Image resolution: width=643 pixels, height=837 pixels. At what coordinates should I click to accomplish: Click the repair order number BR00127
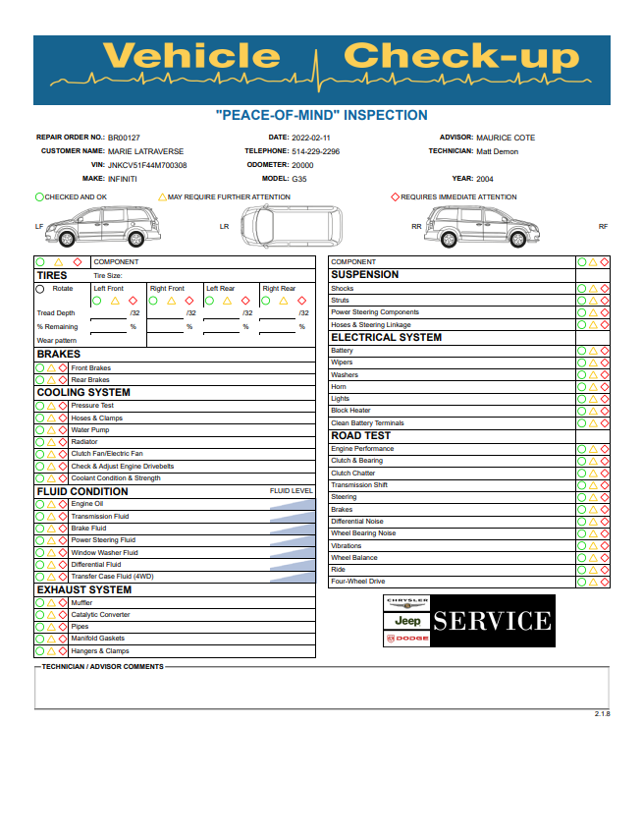[124, 138]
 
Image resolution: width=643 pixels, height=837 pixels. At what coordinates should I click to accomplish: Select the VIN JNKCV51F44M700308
[147, 165]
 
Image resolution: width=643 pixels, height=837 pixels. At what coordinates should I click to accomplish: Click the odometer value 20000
[302, 165]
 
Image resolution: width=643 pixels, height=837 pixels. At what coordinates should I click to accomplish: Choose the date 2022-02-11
[312, 138]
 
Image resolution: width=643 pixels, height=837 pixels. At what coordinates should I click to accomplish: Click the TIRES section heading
[52, 276]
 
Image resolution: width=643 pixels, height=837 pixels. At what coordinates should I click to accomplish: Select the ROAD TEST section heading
[360, 435]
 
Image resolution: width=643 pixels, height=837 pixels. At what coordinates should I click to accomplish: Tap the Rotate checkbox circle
[40, 289]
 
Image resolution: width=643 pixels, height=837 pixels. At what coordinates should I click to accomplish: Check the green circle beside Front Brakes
[40, 367]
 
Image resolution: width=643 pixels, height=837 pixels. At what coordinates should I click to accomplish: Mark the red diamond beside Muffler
[63, 602]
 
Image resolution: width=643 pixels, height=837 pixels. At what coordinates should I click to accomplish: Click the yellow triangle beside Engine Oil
[51, 504]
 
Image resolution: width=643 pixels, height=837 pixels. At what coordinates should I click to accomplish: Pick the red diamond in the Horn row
[605, 387]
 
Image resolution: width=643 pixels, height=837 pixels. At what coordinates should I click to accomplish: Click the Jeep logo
[407, 621]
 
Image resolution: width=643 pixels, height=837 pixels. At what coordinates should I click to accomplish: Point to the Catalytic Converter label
[100, 615]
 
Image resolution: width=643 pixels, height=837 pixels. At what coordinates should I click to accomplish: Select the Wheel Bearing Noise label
[363, 533]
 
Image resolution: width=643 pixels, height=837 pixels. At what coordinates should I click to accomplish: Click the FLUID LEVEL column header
[292, 490]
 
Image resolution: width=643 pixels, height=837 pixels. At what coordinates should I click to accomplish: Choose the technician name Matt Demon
[497, 151]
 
